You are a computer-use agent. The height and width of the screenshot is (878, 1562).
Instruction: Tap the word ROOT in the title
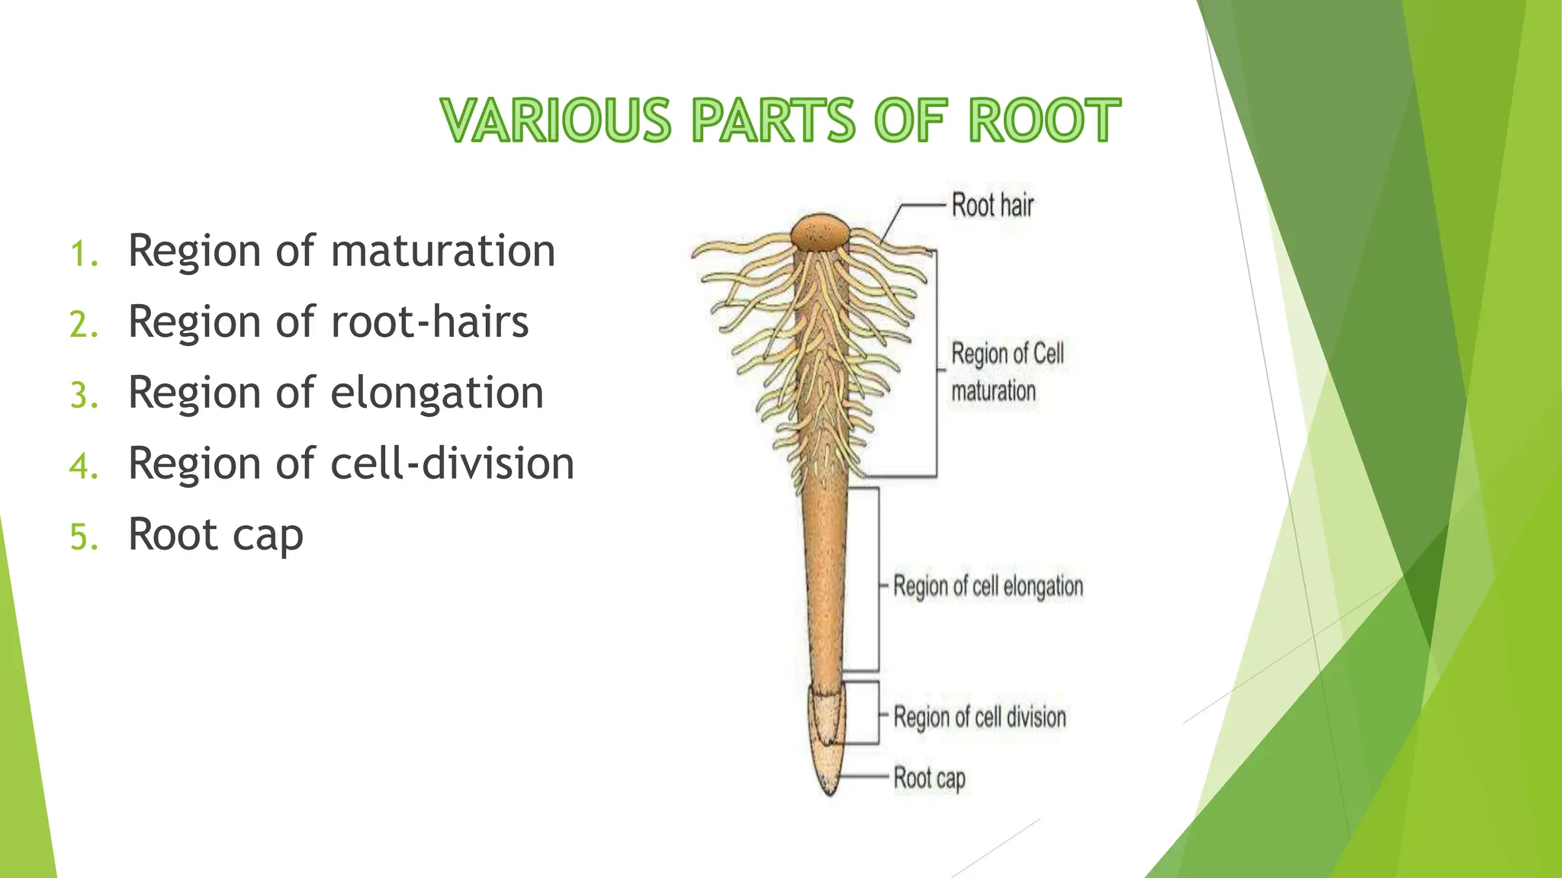[1044, 120]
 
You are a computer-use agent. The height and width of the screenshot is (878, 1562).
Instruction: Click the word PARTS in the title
[773, 120]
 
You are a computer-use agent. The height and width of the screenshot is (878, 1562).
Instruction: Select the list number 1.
[84, 254]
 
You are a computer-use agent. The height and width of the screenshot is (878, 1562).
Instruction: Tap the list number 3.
[84, 396]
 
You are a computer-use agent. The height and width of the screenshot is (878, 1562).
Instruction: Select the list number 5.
[84, 537]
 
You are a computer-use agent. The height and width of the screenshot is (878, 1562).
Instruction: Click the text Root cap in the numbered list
[216, 535]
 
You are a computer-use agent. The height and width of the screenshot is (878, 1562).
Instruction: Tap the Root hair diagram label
[992, 206]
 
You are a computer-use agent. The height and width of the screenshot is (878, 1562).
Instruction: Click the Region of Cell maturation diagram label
[1007, 372]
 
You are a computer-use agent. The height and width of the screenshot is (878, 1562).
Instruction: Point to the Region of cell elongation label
[988, 586]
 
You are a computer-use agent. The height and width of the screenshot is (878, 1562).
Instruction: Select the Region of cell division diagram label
[979, 717]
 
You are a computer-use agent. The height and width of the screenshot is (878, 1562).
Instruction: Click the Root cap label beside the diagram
[929, 778]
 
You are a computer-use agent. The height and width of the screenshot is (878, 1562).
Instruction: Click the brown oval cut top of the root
[818, 232]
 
